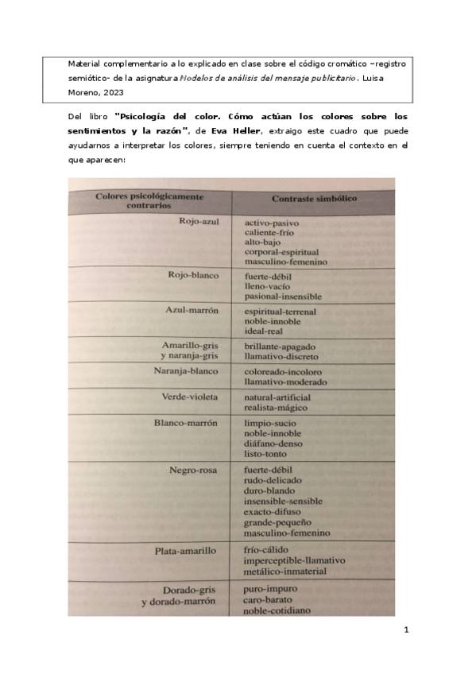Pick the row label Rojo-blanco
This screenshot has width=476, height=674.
tap(193, 275)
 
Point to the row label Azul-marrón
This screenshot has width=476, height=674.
tap(192, 309)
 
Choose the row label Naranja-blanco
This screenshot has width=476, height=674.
tap(185, 371)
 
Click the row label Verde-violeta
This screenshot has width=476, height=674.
tap(190, 397)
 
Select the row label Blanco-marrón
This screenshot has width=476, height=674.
tap(186, 423)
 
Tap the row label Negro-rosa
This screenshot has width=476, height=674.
tap(193, 470)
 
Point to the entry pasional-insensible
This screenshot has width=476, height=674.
tap(284, 296)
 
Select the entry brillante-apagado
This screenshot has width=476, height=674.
tap(281, 347)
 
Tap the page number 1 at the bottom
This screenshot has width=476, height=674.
tap(406, 630)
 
